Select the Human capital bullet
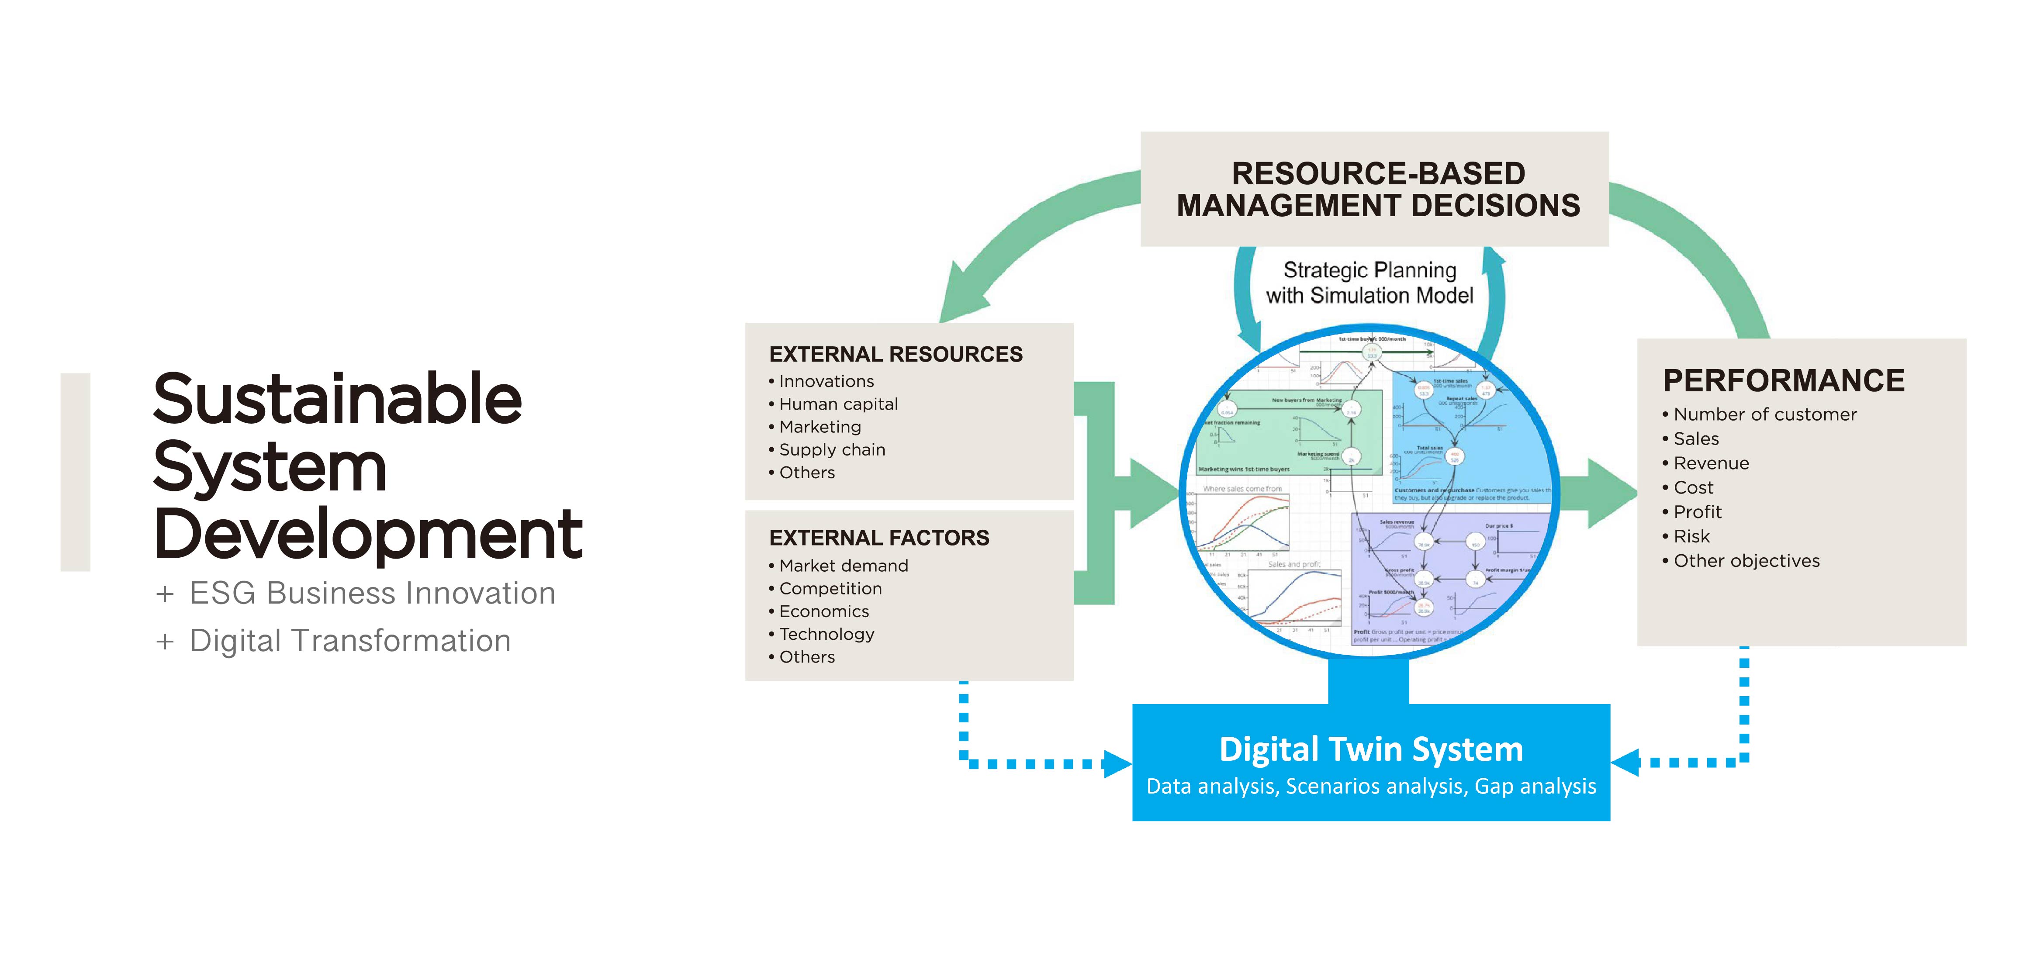838,404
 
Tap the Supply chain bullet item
831,450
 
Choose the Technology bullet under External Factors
826,634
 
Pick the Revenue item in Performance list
1711,463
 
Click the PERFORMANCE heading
1783,380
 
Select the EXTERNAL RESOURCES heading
895,355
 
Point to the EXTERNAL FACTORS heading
878,538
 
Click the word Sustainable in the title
337,400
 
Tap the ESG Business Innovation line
372,594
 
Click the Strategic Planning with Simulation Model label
1369,283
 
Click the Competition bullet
830,589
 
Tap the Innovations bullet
826,381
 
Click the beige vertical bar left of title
76,472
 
